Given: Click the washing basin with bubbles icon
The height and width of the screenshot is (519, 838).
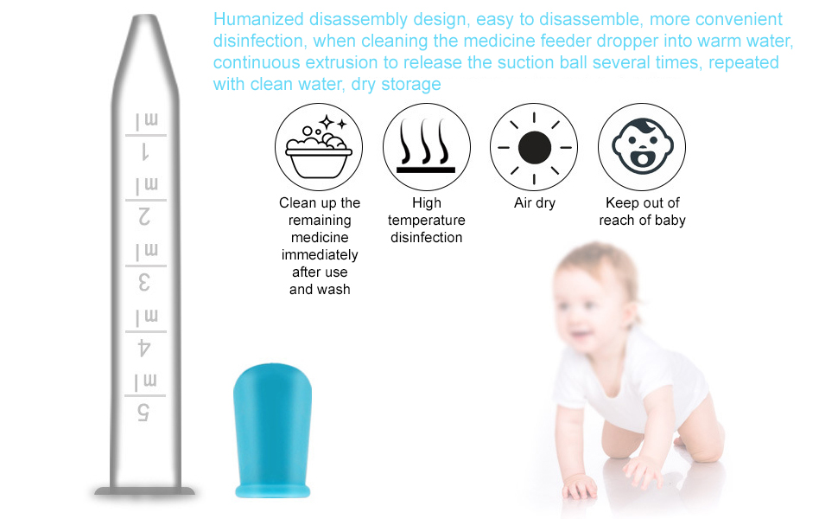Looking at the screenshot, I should [x=318, y=147].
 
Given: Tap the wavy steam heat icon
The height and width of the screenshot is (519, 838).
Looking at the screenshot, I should [x=427, y=147].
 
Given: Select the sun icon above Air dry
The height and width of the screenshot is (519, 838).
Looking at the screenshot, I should [x=534, y=147].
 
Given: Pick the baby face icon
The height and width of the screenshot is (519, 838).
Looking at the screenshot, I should [x=642, y=147].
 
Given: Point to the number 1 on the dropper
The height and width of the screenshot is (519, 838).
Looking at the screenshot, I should [x=145, y=154].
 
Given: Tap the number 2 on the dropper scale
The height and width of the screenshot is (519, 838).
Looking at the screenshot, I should [x=145, y=218].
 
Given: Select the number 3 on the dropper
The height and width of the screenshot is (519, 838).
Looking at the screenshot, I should [x=145, y=283].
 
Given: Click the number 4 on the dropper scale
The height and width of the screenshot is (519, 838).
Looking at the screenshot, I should [x=145, y=348].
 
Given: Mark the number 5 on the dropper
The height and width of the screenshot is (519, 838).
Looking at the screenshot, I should [x=145, y=413].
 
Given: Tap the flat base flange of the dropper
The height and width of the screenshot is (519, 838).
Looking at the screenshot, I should [x=145, y=491].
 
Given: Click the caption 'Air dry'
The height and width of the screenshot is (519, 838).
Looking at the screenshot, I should [x=535, y=203].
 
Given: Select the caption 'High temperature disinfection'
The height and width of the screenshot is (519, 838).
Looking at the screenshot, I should [x=427, y=221].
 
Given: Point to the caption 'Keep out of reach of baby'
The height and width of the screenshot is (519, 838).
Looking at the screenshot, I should [x=642, y=212].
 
